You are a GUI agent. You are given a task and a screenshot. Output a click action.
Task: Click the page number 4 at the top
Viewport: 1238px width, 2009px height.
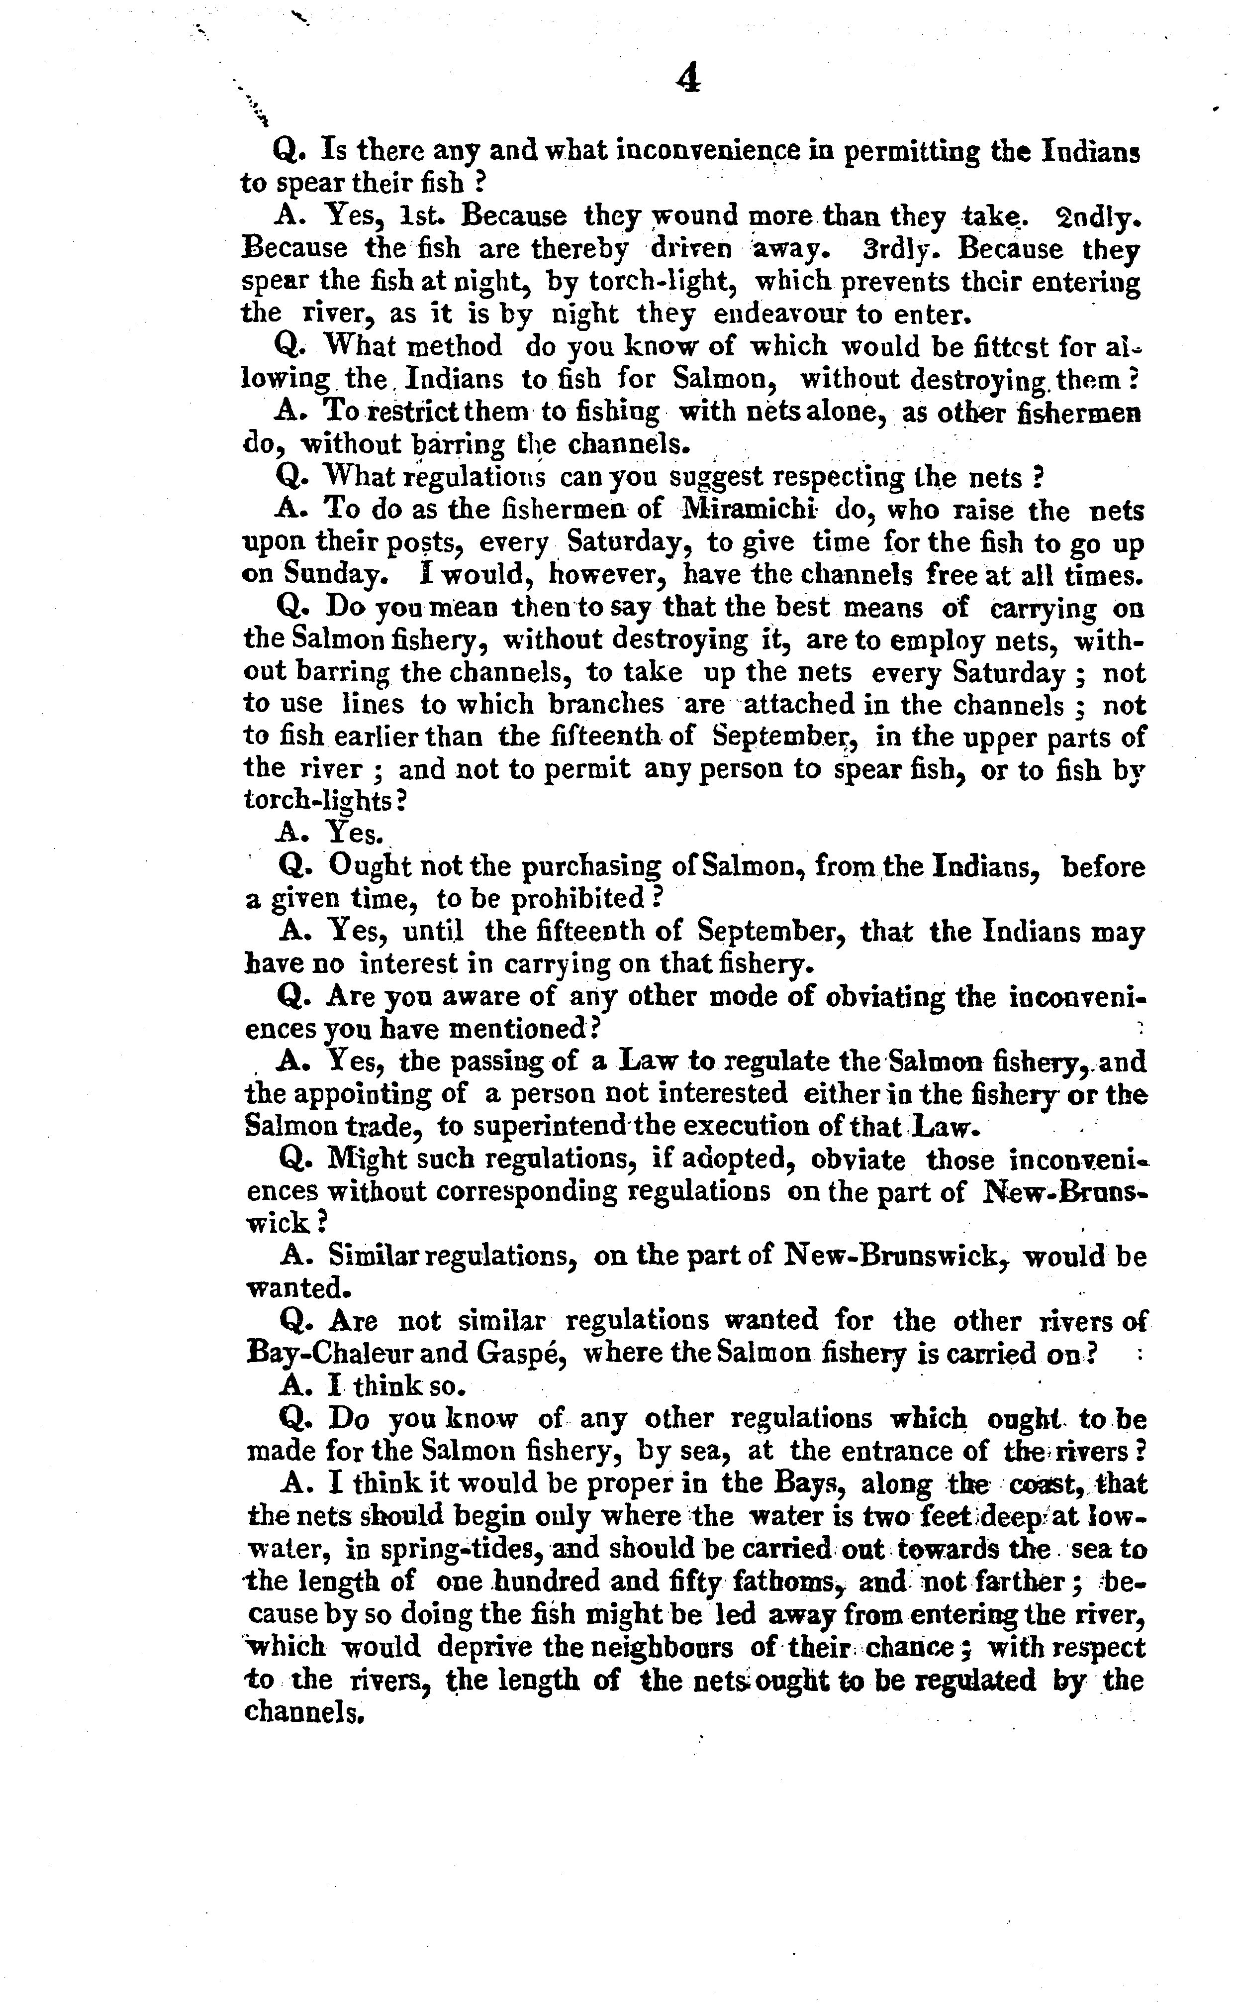tap(688, 80)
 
